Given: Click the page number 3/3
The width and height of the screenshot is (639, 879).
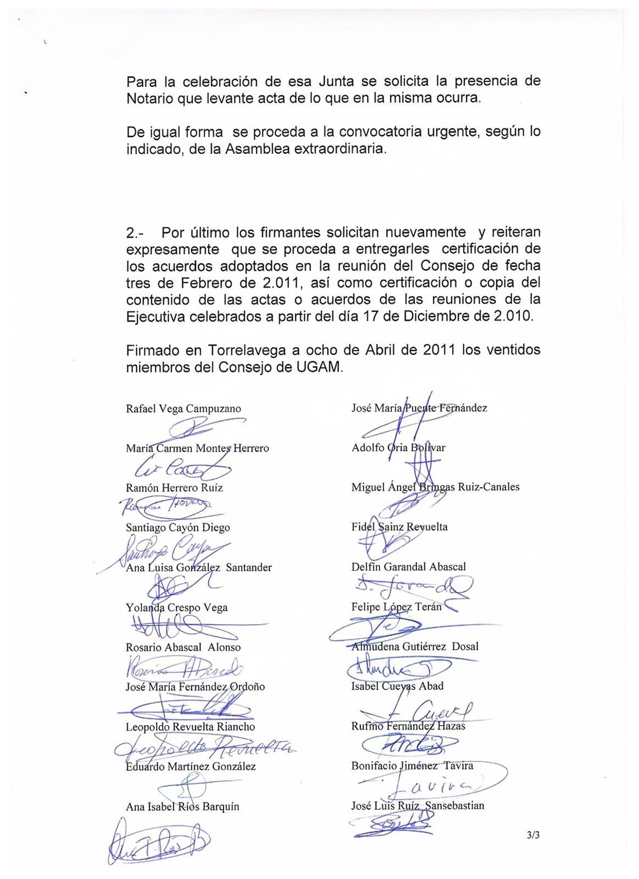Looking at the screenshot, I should pyautogui.click(x=533, y=835).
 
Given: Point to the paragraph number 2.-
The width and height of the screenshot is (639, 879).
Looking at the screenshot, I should pyautogui.click(x=135, y=233).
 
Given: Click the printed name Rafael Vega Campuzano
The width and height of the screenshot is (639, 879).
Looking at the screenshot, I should pyautogui.click(x=183, y=409).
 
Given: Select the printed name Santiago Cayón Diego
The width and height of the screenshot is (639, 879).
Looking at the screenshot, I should pyautogui.click(x=178, y=528).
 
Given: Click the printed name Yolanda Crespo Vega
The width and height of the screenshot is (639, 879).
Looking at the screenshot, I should pyautogui.click(x=176, y=607).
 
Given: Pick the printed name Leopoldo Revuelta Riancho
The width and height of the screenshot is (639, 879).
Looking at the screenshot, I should pyautogui.click(x=190, y=727).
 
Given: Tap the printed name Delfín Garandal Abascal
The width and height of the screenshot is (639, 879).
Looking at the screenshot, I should pyautogui.click(x=408, y=567).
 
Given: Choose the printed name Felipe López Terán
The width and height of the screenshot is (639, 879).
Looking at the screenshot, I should pyautogui.click(x=396, y=607).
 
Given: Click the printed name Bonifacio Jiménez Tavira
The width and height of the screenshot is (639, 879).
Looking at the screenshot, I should pyautogui.click(x=412, y=766).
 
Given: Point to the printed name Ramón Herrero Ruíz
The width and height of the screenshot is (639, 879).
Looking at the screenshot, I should pyautogui.click(x=174, y=488).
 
